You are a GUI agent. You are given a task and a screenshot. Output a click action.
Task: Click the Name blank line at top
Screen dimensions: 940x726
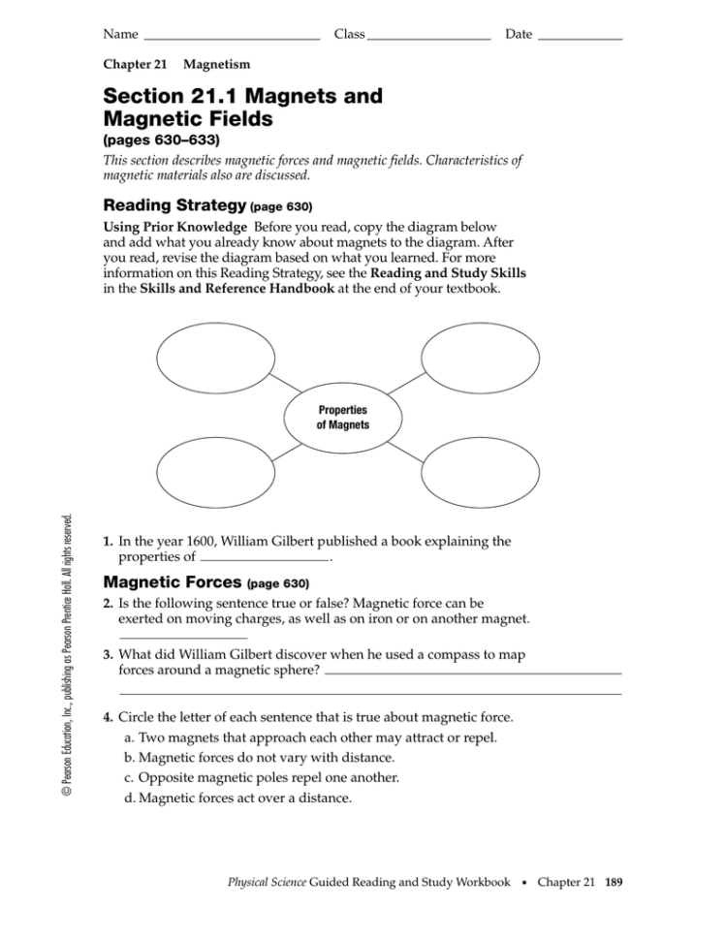231,38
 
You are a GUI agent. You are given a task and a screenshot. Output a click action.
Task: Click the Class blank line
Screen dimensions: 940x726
429,38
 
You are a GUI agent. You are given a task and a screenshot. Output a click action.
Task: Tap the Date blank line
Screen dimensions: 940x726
580,38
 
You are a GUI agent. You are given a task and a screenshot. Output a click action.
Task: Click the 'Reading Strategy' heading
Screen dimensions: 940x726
174,205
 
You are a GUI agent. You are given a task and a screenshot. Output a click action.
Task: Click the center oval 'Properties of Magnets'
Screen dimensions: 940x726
329,418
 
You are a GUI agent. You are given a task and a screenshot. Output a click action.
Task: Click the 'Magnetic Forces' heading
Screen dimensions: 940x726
174,583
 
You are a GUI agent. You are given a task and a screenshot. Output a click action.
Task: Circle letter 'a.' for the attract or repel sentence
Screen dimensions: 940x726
131,738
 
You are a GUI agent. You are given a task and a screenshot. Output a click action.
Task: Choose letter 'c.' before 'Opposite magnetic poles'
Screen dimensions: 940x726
130,778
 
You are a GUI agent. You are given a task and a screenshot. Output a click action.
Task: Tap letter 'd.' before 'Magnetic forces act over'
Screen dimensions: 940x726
131,799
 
